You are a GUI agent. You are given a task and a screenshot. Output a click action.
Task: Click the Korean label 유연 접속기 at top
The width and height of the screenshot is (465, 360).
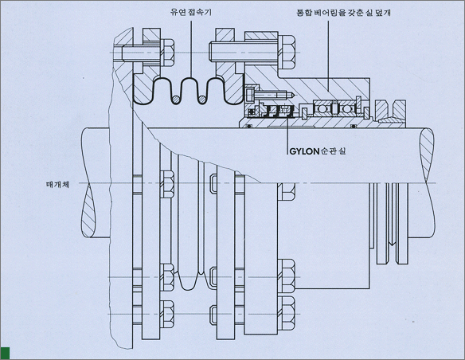coord(191,12)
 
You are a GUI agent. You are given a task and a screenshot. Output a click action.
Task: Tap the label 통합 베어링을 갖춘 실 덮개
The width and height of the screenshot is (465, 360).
coord(344,13)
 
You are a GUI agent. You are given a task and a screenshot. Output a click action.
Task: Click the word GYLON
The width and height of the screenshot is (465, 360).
coord(304,151)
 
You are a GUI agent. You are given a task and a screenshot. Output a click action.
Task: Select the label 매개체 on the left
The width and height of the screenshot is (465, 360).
coord(57,185)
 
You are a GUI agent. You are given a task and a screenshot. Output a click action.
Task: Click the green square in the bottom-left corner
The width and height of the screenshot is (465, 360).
coord(5,353)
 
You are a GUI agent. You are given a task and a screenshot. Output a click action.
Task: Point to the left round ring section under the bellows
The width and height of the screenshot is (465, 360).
coord(175,100)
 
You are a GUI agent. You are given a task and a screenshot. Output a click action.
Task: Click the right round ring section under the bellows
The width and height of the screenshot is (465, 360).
coord(202,100)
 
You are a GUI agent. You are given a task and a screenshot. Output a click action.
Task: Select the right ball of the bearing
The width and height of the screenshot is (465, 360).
coord(346,109)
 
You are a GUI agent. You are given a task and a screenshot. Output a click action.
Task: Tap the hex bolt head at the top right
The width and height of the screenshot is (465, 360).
coord(287,53)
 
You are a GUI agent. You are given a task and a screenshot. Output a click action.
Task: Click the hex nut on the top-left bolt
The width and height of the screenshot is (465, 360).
coord(167,53)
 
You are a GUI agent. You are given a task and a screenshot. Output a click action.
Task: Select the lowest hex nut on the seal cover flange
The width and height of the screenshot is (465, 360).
coord(287,314)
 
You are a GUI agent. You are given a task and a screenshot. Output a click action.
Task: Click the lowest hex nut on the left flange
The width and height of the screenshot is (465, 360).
coord(167,314)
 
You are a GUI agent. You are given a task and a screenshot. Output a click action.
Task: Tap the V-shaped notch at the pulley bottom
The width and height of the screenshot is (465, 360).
coord(392,244)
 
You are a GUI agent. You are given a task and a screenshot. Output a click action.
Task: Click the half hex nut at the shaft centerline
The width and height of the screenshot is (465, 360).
coord(287,192)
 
